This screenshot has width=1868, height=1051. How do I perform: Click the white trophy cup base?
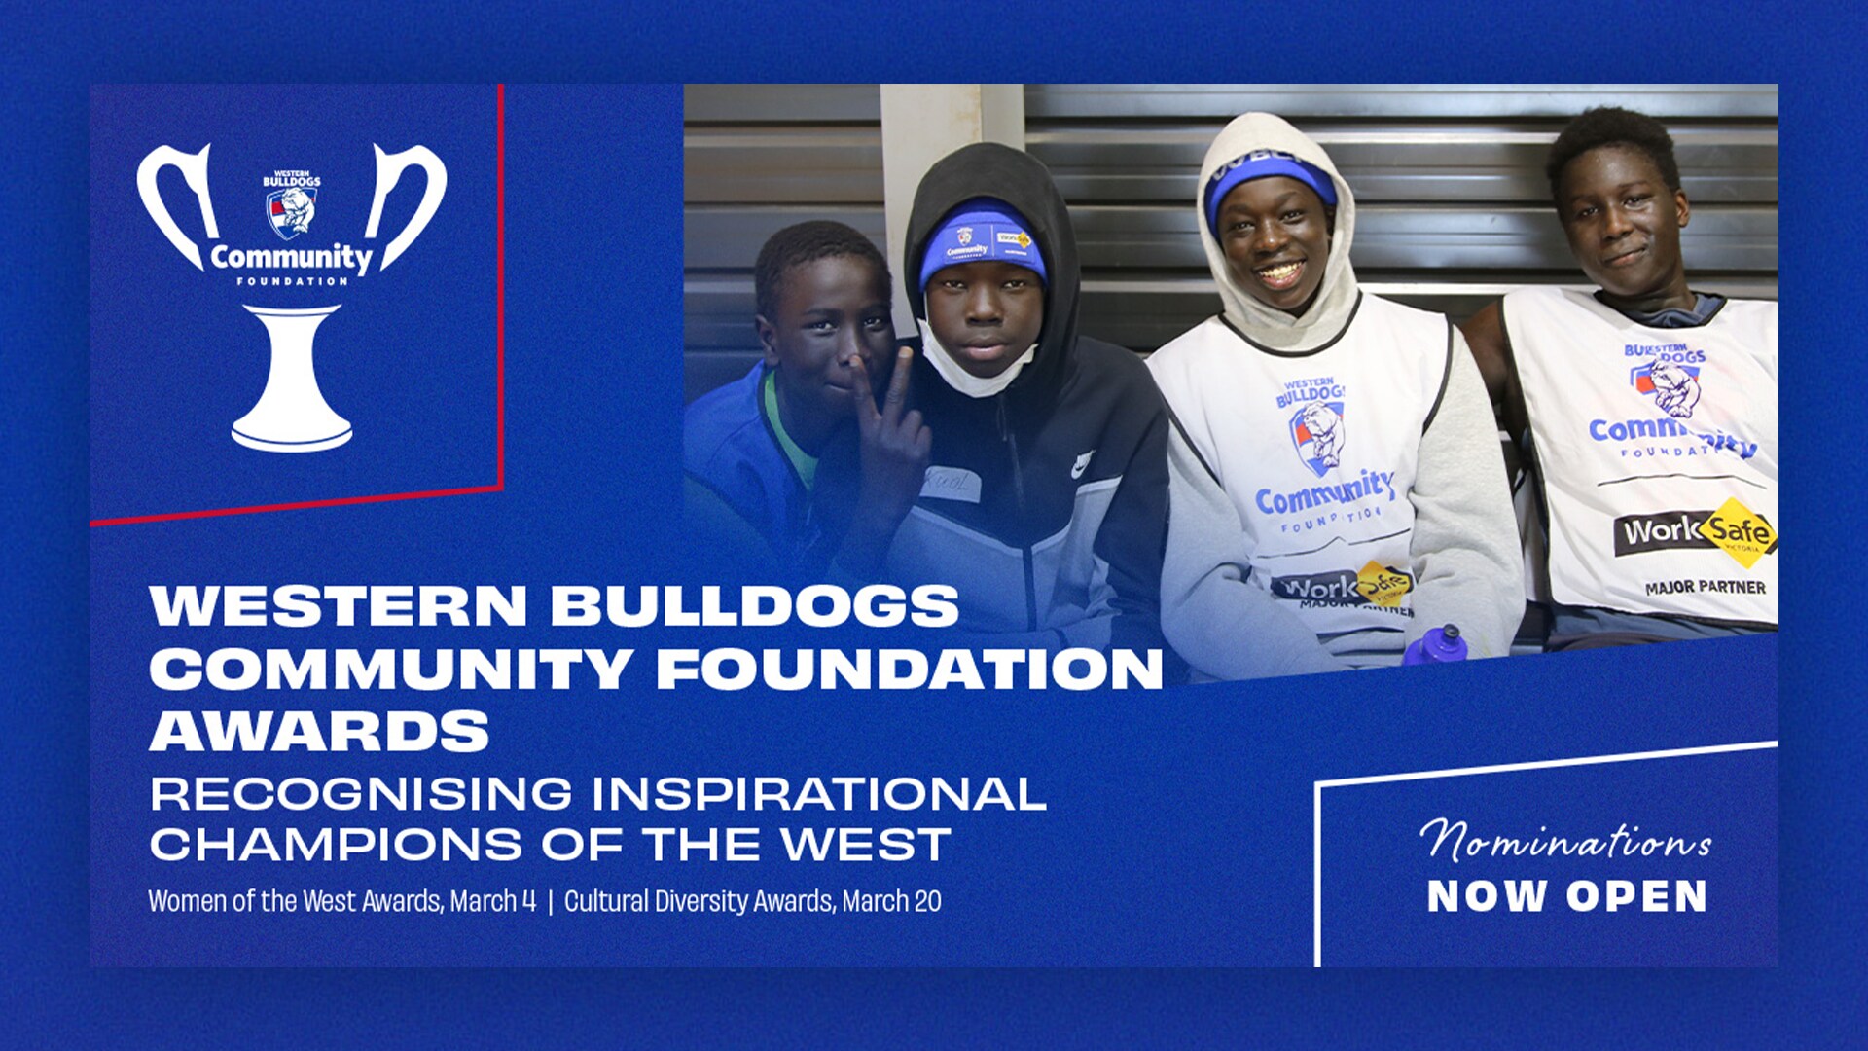pos(292,380)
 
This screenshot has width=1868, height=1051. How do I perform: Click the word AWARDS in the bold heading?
pos(319,732)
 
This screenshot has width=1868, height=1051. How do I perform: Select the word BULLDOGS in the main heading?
pos(755,605)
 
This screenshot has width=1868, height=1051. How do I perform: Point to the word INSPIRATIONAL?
pos(819,794)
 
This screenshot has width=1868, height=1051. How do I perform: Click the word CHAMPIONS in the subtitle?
pos(336,845)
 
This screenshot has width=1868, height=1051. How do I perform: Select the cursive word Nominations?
pos(1564,841)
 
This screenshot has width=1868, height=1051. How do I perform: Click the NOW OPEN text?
pos(1566,896)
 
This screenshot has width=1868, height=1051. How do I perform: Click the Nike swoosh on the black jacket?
pos(1082,465)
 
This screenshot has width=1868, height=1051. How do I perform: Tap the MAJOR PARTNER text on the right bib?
pos(1705,588)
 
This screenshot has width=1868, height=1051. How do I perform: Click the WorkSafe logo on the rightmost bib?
pos(1695,531)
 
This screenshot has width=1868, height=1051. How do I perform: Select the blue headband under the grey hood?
pos(1270,176)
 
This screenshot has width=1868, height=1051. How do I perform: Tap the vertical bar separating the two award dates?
pos(551,901)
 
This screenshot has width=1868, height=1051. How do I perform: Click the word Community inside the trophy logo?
pos(291,258)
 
